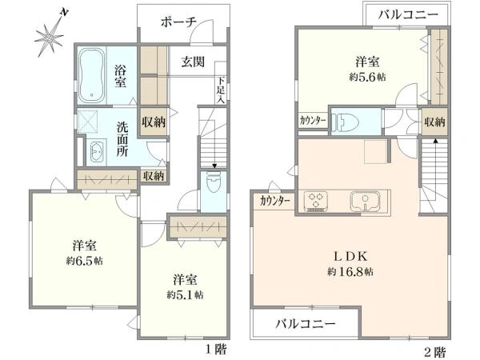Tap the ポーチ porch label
click(x=178, y=22)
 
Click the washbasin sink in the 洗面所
click(x=98, y=150)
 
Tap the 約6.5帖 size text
click(x=84, y=261)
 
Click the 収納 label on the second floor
click(x=434, y=122)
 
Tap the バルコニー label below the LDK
click(x=306, y=324)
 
